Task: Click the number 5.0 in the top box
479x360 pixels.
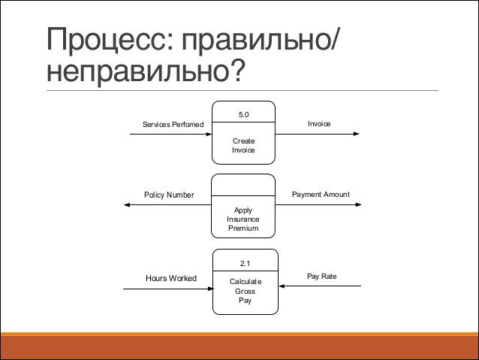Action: pos(243,114)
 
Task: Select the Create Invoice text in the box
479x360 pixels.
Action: pos(243,145)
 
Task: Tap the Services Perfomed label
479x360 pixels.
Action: pos(173,124)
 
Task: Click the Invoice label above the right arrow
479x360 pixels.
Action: pos(319,123)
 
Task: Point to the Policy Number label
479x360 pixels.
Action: pos(168,195)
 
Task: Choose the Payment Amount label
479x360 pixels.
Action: pos(321,195)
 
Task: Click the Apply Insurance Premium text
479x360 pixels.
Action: pos(243,219)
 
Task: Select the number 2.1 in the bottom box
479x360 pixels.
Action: pos(245,263)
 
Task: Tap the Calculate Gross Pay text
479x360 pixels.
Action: pos(245,291)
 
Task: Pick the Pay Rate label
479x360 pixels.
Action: pos(322,277)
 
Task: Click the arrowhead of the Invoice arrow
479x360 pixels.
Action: pos(358,135)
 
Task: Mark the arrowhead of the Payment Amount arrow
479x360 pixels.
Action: pos(358,207)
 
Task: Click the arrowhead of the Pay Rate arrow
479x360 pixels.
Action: pos(282,285)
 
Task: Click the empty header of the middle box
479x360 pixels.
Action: pos(243,185)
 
